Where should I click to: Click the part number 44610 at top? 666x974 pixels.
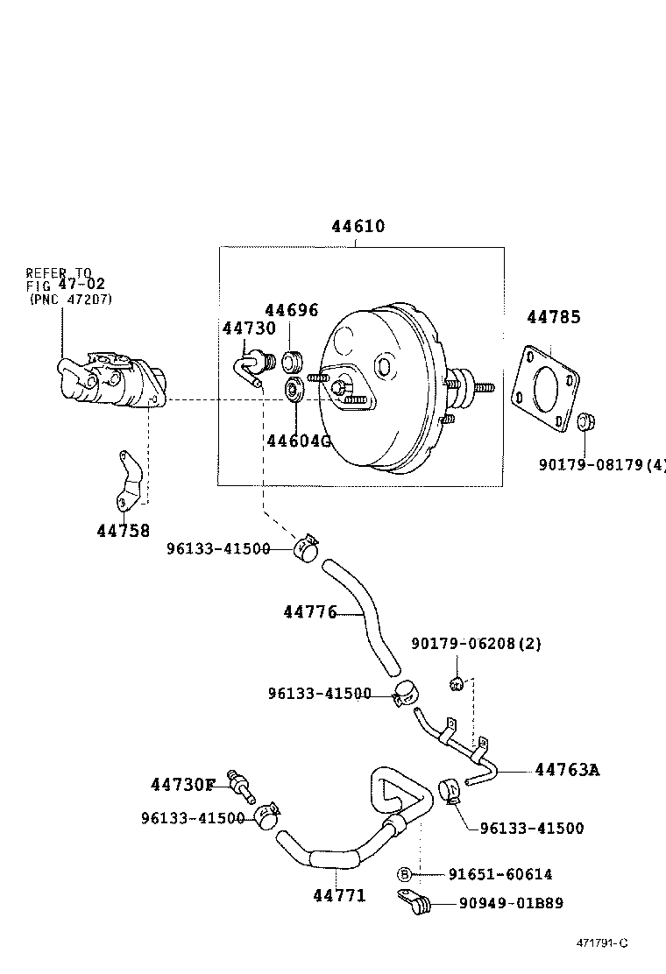click(358, 226)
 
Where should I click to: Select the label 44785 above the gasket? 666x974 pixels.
click(553, 317)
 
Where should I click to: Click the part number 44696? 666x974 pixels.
click(291, 311)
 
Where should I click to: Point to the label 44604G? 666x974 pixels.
click(298, 440)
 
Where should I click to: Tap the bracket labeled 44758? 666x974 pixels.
click(129, 479)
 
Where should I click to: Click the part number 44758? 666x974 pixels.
click(123, 530)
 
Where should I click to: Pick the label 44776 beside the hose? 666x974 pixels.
click(309, 612)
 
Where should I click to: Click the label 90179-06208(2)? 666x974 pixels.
click(476, 644)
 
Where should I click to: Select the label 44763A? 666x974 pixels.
click(567, 770)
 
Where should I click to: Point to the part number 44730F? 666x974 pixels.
click(182, 784)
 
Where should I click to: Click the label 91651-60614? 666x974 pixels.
click(500, 874)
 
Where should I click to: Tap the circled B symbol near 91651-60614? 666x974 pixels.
click(405, 874)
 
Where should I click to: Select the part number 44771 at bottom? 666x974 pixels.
click(339, 896)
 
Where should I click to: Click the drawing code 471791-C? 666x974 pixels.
click(602, 943)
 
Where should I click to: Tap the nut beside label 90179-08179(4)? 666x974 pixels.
click(587, 423)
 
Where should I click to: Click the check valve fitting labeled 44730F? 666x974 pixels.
click(241, 785)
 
